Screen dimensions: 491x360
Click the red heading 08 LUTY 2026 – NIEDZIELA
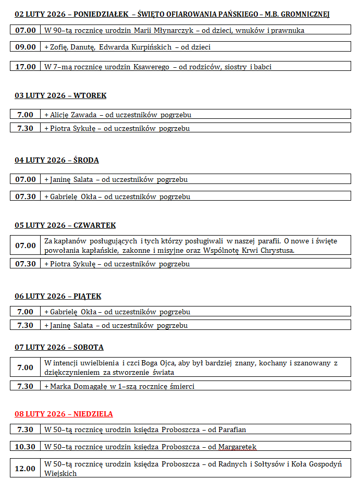pyautogui.click(x=64, y=414)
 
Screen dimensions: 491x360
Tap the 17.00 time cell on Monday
pyautogui.click(x=26, y=67)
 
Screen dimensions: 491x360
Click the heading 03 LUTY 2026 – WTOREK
pyautogui.click(x=60, y=95)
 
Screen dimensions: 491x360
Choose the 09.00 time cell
pyautogui.click(x=26, y=47)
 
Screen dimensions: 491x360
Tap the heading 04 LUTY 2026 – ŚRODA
pyautogui.click(x=57, y=160)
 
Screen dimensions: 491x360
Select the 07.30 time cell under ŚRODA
pyautogui.click(x=26, y=197)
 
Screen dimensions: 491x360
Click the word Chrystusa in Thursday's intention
pyautogui.click(x=275, y=250)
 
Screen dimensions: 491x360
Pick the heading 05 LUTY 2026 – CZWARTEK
pyautogui.click(x=65, y=225)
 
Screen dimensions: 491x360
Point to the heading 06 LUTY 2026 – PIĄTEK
pyautogui.click(x=58, y=296)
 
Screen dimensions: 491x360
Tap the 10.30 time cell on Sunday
pyautogui.click(x=26, y=447)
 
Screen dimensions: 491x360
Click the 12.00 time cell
pyautogui.click(x=26, y=469)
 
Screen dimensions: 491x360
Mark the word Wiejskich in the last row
pyautogui.click(x=60, y=473)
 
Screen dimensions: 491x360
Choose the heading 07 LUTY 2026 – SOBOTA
pyautogui.click(x=59, y=347)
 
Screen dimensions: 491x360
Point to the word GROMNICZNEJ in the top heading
pyautogui.click(x=304, y=14)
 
